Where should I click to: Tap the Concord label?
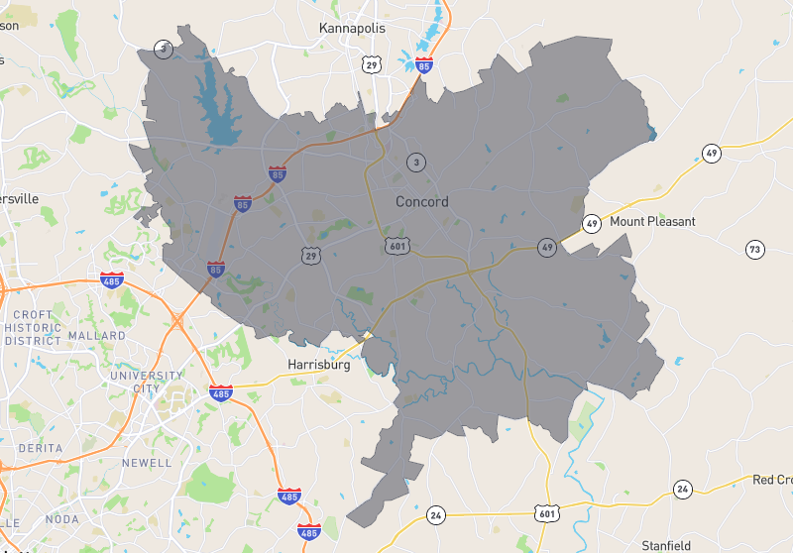(422, 202)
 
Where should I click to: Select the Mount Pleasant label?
(652, 221)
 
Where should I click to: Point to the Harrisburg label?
(320, 365)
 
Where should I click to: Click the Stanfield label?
(665, 546)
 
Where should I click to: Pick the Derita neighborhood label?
(35, 449)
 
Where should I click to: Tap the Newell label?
(146, 463)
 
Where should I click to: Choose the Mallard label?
(97, 336)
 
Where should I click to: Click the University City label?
(147, 382)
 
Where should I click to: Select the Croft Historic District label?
(34, 327)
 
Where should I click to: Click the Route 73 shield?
(755, 249)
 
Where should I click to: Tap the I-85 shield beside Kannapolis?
(424, 65)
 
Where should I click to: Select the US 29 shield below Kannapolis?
(372, 65)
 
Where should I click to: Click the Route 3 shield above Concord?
(416, 163)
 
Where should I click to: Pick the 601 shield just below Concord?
(396, 245)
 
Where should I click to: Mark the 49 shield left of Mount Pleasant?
(592, 224)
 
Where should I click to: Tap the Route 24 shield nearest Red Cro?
(682, 489)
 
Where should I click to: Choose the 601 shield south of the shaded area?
(546, 512)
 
